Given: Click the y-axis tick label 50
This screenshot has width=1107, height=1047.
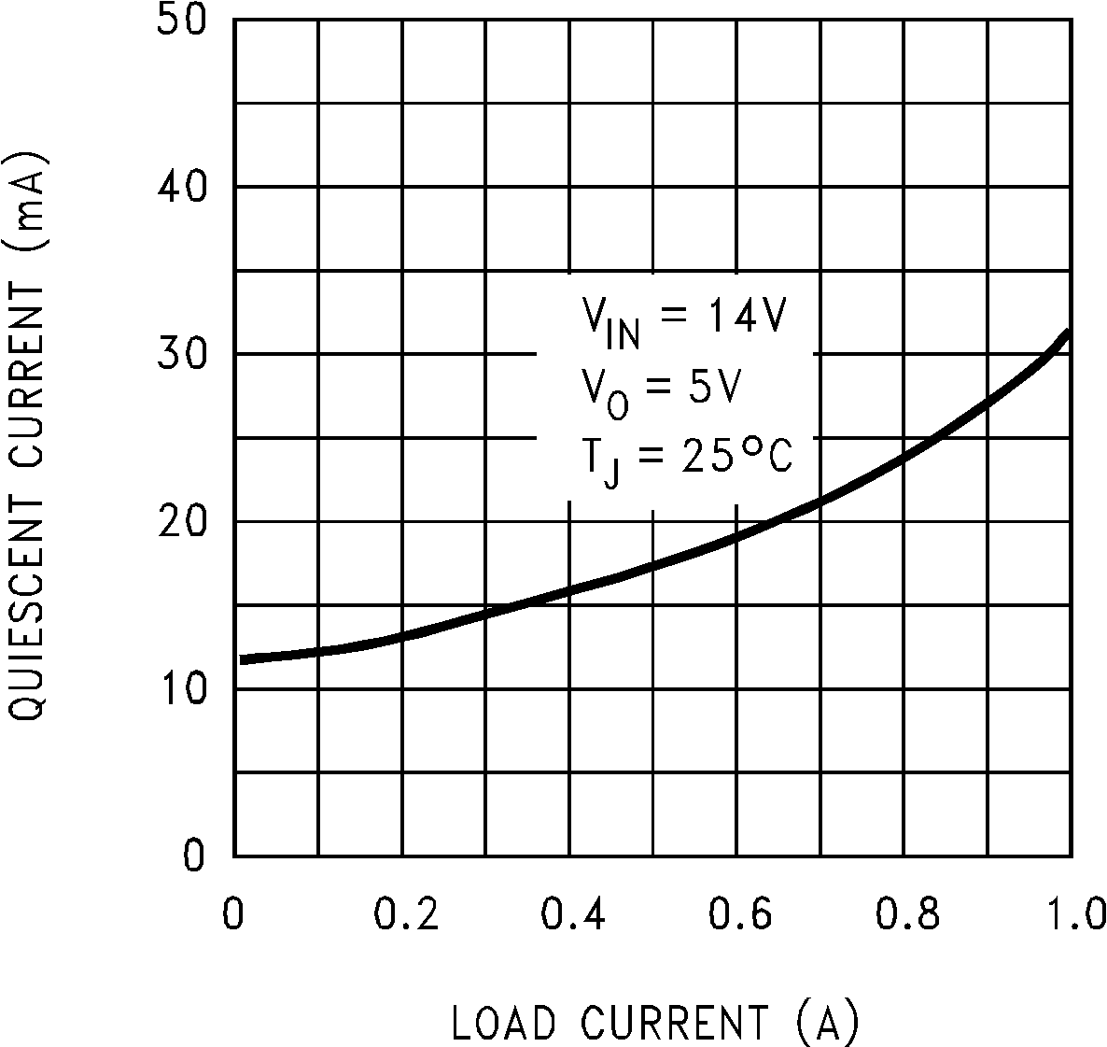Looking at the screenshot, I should tap(182, 21).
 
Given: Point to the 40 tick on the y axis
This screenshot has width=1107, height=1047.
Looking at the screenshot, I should tap(182, 187).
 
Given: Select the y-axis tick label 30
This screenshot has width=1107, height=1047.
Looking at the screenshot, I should tap(182, 354).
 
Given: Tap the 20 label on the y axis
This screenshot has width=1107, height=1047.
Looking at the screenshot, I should tap(182, 521).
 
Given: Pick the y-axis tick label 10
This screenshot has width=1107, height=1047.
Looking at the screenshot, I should tap(182, 688).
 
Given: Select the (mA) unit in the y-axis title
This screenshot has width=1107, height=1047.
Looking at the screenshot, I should tap(26, 201).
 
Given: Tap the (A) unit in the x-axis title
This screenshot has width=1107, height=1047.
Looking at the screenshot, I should tap(827, 1023).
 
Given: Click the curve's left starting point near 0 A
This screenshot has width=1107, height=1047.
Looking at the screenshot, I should tap(243, 659).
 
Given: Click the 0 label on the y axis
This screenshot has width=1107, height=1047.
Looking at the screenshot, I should tap(193, 856).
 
